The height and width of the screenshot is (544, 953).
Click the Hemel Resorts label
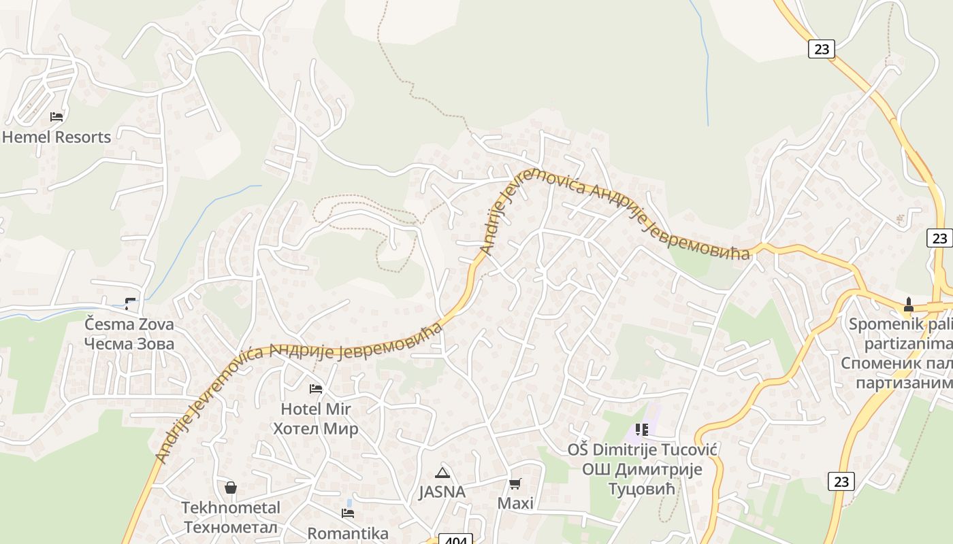click(x=56, y=137)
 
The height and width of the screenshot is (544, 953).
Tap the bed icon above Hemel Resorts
click(x=56, y=117)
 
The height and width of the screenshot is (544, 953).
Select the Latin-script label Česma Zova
click(x=129, y=324)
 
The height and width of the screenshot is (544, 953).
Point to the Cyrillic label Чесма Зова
click(x=129, y=343)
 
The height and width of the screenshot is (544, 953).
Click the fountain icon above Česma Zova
click(x=130, y=304)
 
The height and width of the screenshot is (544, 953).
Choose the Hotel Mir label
click(x=316, y=409)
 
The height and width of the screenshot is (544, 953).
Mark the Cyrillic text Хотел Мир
click(x=316, y=429)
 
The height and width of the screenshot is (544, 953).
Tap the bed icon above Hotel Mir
click(x=316, y=389)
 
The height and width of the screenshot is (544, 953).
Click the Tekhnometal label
click(x=231, y=508)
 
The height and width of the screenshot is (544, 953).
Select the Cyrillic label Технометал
click(x=231, y=527)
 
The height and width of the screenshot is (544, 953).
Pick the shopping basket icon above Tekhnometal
click(x=231, y=488)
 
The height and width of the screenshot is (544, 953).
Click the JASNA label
click(x=442, y=492)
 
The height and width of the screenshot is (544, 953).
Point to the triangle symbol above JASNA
click(x=442, y=473)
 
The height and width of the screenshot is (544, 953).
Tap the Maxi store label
click(x=515, y=503)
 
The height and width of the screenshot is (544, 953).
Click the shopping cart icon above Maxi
click(x=515, y=484)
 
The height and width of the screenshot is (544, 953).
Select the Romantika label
click(x=348, y=533)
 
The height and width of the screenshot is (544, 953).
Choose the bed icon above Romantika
click(x=348, y=513)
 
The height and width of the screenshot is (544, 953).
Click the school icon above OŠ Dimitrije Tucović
click(x=642, y=430)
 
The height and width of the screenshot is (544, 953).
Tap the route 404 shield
click(x=456, y=540)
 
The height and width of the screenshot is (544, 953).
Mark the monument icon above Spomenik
click(x=907, y=303)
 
